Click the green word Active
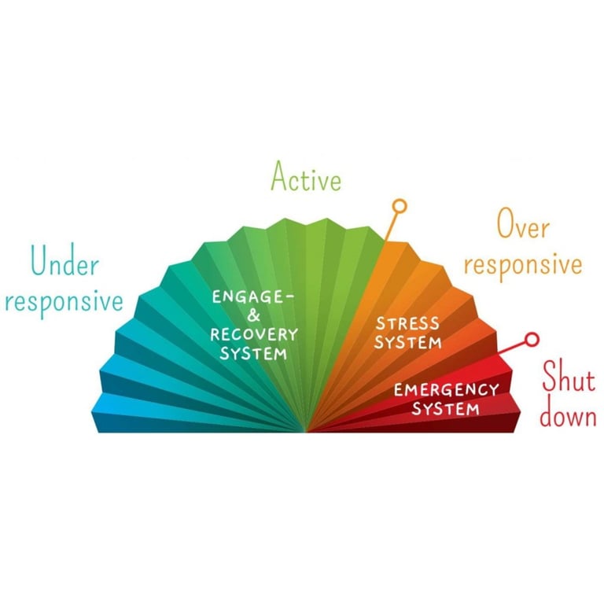(x=306, y=176)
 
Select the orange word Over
(x=523, y=224)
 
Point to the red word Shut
(x=569, y=376)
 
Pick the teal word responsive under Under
(x=64, y=302)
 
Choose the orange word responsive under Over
(x=523, y=265)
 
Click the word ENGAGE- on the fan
(x=253, y=297)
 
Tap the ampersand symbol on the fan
(x=254, y=316)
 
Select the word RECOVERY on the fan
(x=254, y=334)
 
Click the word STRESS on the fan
(x=407, y=323)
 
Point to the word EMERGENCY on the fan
(x=447, y=390)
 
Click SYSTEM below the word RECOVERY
(x=253, y=353)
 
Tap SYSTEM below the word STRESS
(x=408, y=342)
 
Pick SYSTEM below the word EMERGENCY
(x=446, y=409)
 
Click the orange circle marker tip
(x=400, y=206)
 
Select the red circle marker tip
(x=532, y=340)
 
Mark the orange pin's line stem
(x=391, y=226)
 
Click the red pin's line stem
(x=512, y=348)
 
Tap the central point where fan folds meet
(x=306, y=431)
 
